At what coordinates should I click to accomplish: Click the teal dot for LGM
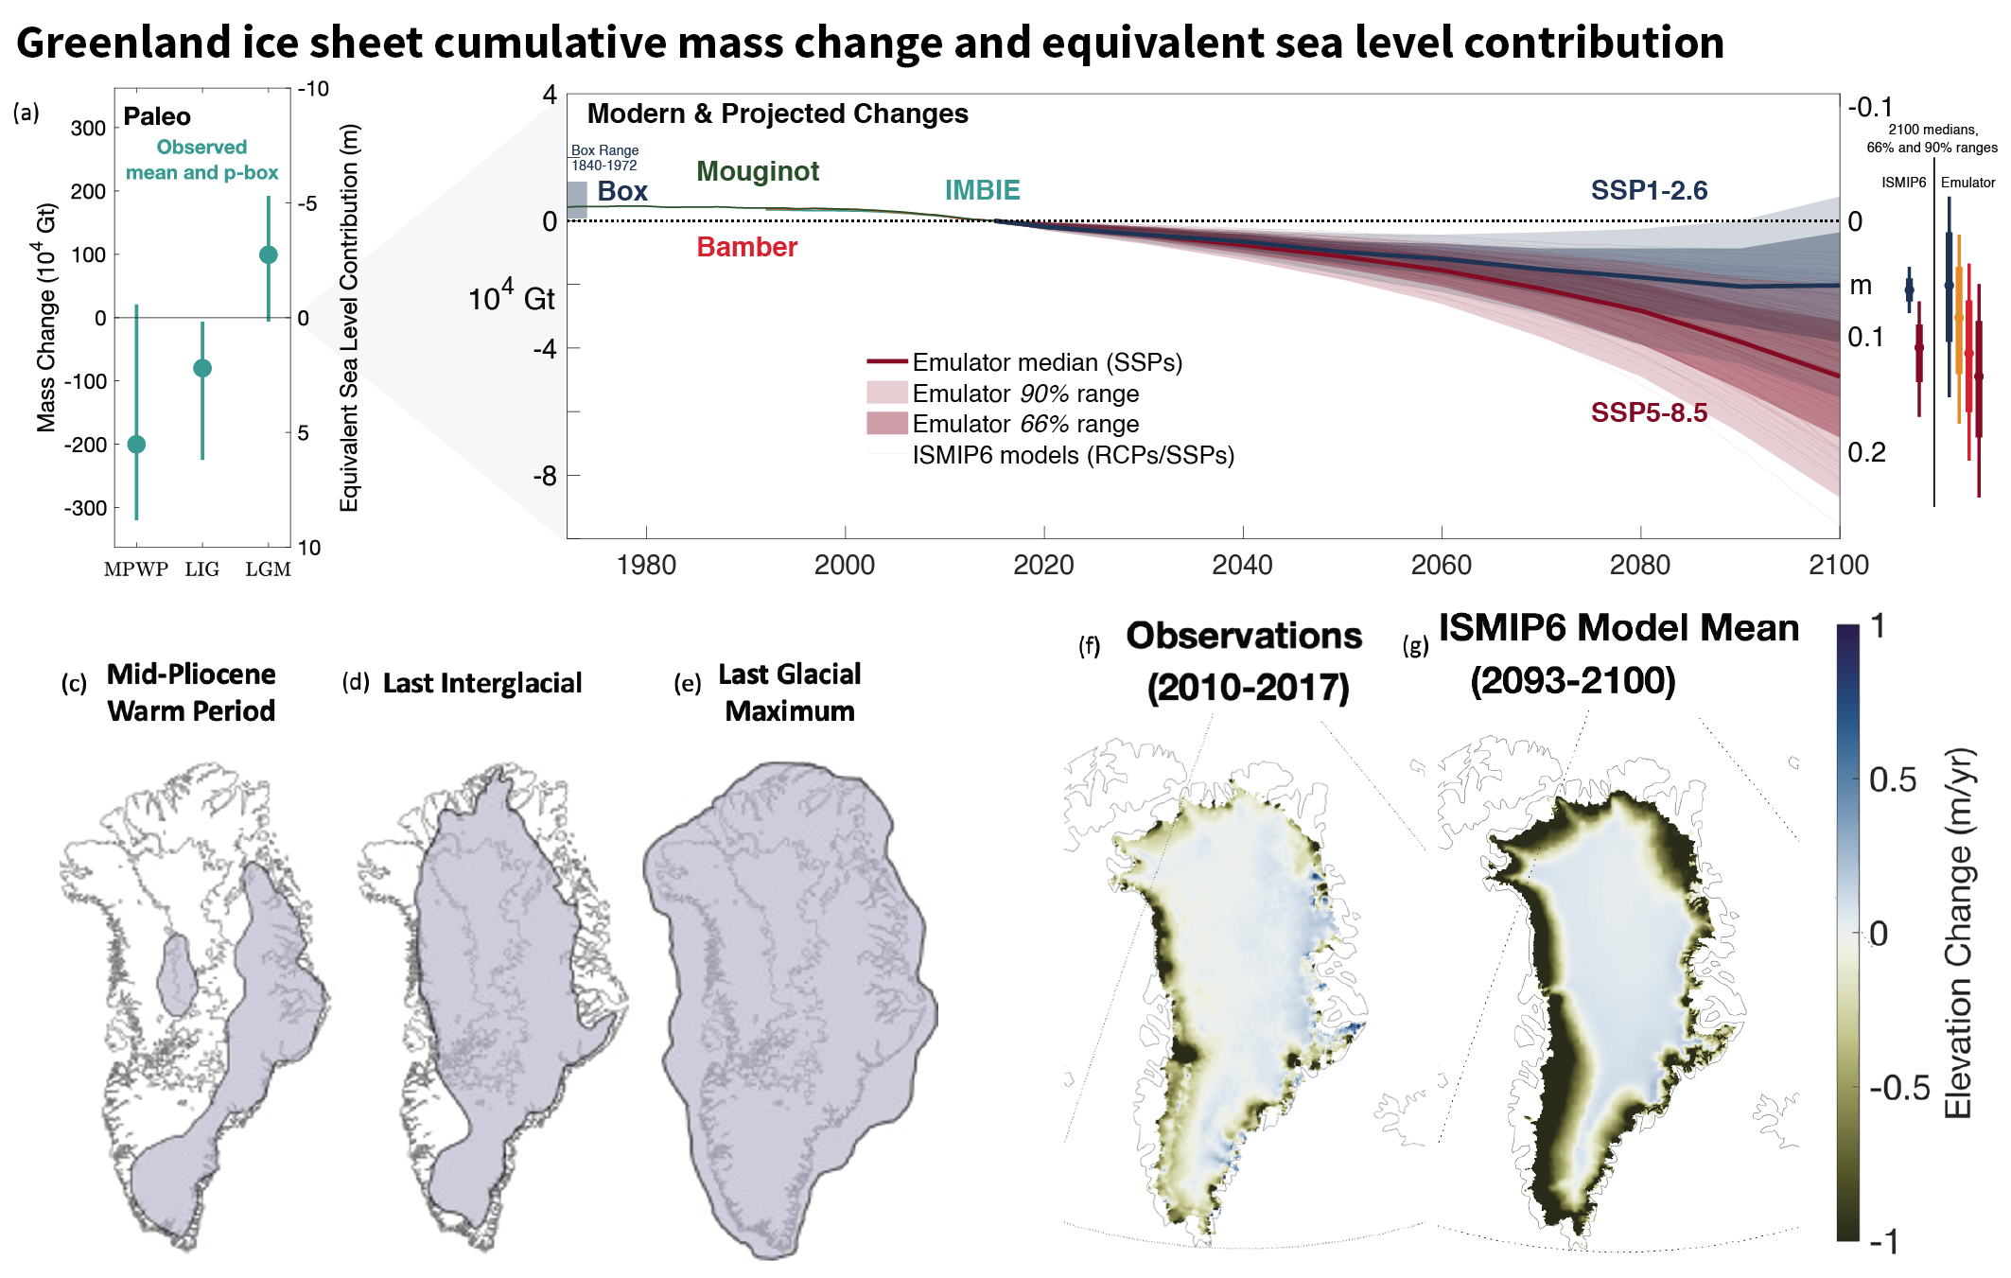(x=268, y=254)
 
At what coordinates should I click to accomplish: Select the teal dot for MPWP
(x=136, y=444)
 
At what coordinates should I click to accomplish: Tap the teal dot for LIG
(x=201, y=368)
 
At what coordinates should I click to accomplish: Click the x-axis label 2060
(x=1441, y=566)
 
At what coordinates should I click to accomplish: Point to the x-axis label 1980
(x=646, y=566)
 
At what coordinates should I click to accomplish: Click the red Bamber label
(x=746, y=247)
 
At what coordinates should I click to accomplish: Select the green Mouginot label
(x=758, y=171)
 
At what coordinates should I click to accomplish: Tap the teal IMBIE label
(x=982, y=190)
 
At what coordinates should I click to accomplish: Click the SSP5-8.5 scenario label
(x=1649, y=412)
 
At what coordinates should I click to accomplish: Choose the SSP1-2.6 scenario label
(x=1649, y=190)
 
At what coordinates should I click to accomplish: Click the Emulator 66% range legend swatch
(x=886, y=423)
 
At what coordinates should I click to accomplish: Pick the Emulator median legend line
(x=886, y=361)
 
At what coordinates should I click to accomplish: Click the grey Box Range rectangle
(x=577, y=200)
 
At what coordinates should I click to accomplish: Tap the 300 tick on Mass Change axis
(x=88, y=128)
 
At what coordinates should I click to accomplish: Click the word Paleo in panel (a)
(x=157, y=116)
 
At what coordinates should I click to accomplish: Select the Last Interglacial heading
(x=482, y=683)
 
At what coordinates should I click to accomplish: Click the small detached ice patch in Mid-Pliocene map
(x=176, y=974)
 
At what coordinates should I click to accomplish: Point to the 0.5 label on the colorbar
(x=1892, y=779)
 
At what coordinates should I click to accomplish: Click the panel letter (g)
(x=1415, y=646)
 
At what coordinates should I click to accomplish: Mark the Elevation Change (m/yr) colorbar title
(x=1958, y=933)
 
